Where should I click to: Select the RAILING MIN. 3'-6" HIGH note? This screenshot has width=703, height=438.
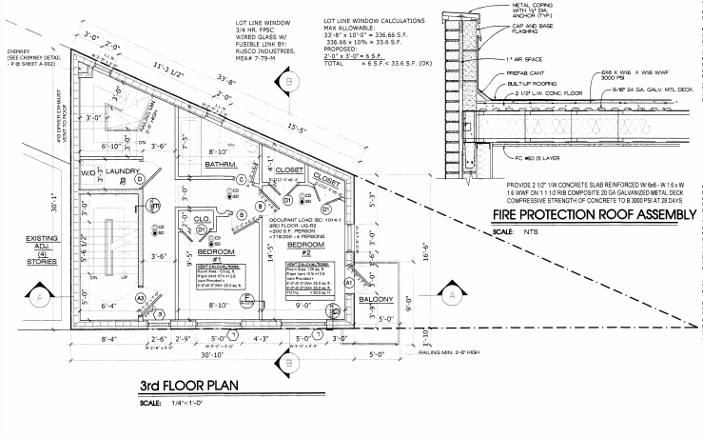click(395, 354)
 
